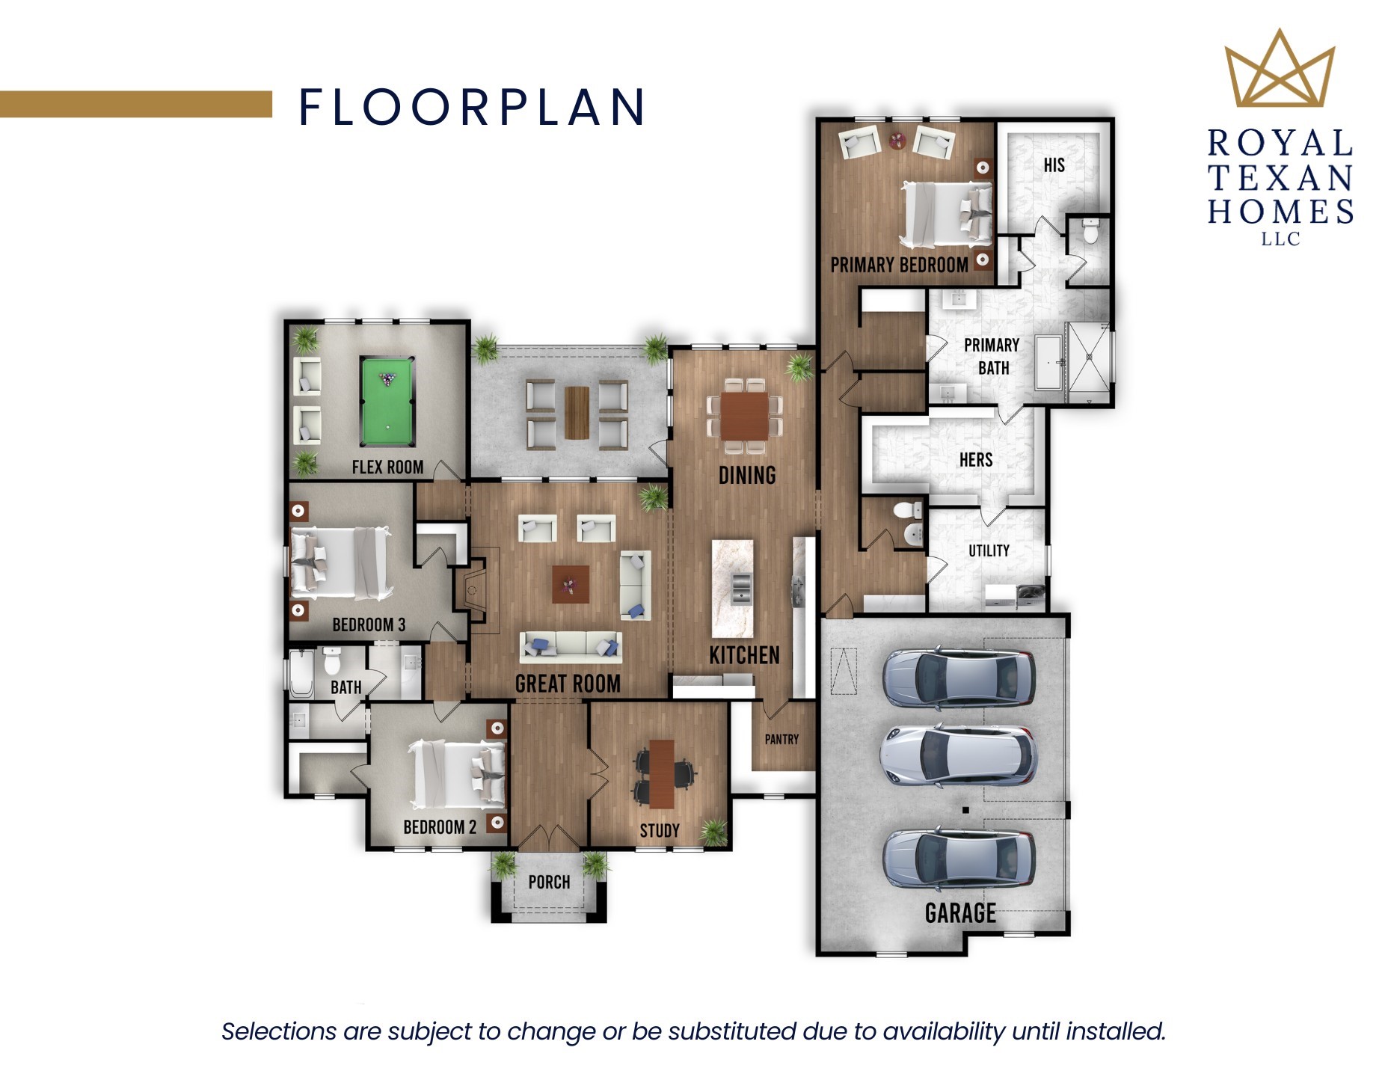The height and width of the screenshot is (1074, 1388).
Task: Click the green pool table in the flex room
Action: (x=387, y=402)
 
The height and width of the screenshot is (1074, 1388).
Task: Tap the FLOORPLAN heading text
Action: (x=472, y=107)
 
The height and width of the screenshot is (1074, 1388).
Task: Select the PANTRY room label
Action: (x=781, y=740)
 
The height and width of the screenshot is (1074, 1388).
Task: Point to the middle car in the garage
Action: (x=959, y=755)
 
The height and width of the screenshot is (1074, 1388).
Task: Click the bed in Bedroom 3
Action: (x=340, y=562)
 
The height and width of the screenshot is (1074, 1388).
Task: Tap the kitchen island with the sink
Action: (x=732, y=588)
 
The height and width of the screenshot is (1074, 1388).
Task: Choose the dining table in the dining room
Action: (x=745, y=416)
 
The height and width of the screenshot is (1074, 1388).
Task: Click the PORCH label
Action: (x=549, y=883)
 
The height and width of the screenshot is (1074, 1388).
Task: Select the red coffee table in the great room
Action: (x=571, y=583)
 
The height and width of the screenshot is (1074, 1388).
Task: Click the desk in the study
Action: (x=661, y=773)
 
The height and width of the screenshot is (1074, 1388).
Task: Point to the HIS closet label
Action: (x=1054, y=165)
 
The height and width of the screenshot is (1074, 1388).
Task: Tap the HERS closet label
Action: (x=976, y=460)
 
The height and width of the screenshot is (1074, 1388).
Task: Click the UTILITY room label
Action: (x=989, y=551)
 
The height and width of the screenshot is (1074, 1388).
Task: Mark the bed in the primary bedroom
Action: (x=947, y=214)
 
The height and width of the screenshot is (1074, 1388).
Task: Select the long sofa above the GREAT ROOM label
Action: (x=571, y=645)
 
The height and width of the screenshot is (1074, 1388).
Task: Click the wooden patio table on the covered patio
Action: (x=577, y=412)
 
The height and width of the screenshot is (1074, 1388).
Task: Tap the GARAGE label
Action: (x=960, y=913)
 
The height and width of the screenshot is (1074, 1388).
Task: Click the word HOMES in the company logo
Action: (x=1280, y=212)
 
